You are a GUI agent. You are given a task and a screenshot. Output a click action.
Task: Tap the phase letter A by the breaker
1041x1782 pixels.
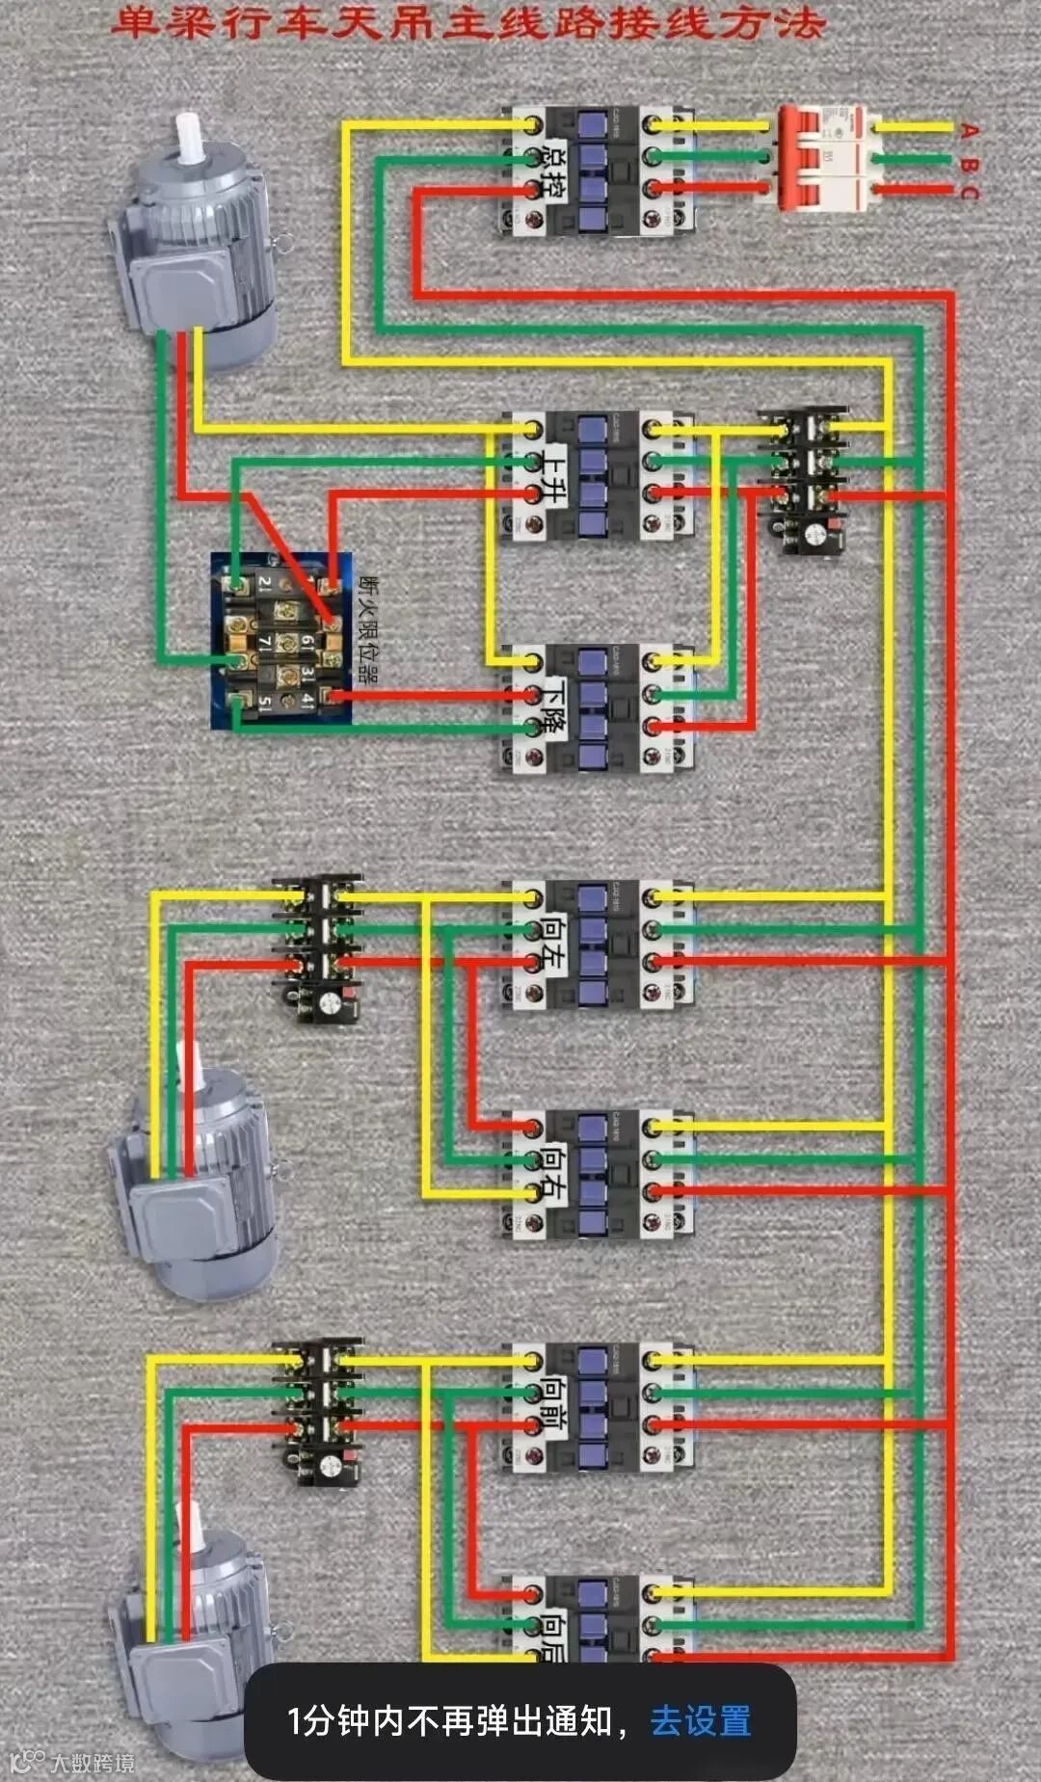pos(969,130)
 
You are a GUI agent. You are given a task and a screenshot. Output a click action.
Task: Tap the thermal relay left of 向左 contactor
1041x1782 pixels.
pos(318,947)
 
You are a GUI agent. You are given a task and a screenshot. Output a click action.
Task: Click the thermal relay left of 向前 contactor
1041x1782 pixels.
pos(318,1410)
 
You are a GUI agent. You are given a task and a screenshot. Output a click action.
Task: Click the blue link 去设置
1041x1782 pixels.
pos(700,1720)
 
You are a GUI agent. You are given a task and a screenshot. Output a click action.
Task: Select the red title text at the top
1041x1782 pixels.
pos(468,23)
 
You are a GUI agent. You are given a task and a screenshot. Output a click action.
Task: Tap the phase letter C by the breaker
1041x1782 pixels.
pos(969,192)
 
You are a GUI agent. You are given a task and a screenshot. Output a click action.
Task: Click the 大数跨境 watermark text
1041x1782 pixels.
pos(93,1764)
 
